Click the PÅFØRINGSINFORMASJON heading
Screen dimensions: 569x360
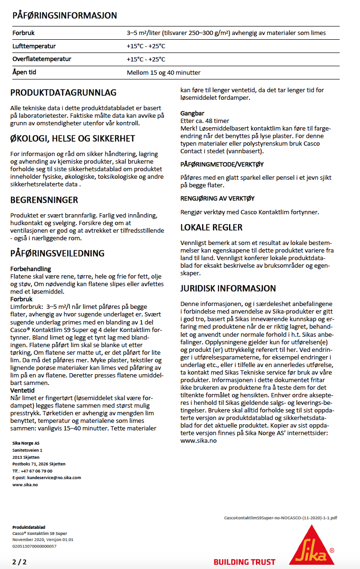[65, 16]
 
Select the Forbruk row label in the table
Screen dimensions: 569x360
[24, 33]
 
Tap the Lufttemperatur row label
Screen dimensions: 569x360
[34, 46]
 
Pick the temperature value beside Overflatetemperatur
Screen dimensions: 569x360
[146, 60]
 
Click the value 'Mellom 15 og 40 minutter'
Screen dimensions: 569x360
[164, 73]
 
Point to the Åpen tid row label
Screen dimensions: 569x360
[25, 73]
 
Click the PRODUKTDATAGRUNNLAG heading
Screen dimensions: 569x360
[63, 93]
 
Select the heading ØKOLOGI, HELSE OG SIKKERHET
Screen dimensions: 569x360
[73, 139]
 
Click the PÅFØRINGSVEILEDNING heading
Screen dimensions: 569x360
[58, 254]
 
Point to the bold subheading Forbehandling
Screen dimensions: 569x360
[31, 269]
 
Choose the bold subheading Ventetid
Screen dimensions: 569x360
[22, 391]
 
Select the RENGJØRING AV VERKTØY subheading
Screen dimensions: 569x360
[218, 199]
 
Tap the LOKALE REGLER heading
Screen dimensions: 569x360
[212, 228]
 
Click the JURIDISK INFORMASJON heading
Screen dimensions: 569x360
[228, 288]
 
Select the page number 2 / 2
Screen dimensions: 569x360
[19, 562]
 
